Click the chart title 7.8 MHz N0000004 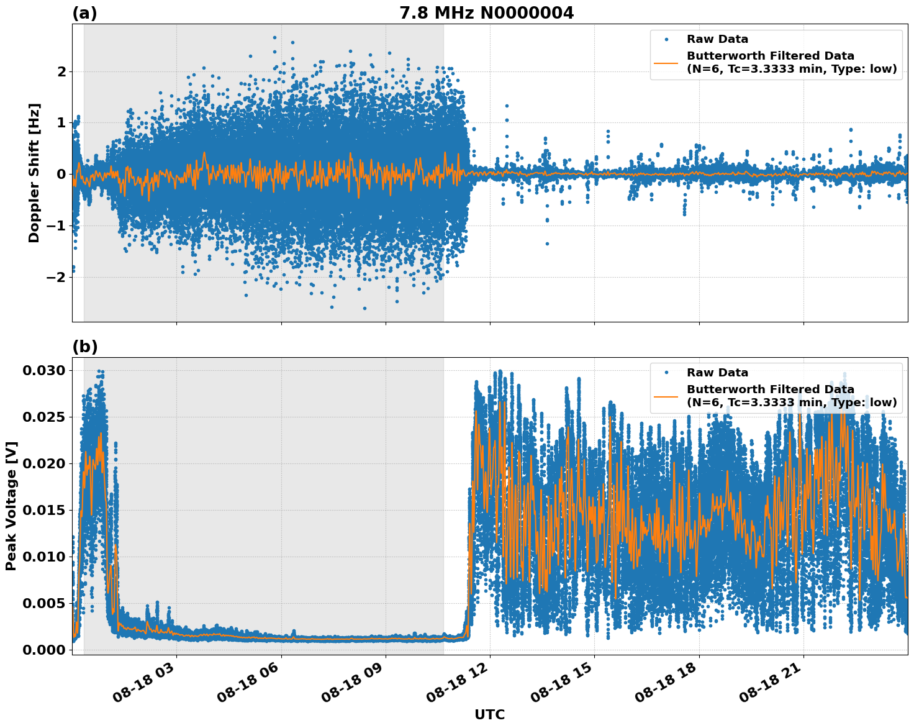click(486, 13)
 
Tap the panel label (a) click(84, 13)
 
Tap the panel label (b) click(84, 347)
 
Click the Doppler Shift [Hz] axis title click(34, 173)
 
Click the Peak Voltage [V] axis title click(11, 506)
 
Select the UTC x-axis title click(489, 714)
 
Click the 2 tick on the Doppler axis click(61, 72)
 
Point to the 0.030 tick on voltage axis click(43, 371)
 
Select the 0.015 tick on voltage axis click(43, 511)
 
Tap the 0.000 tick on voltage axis click(43, 650)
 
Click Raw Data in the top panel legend click(717, 39)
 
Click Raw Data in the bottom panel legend click(717, 373)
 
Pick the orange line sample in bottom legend click(666, 396)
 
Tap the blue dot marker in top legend click(666, 39)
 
